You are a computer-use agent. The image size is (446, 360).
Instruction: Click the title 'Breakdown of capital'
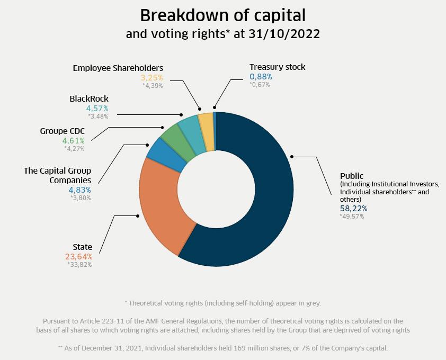pos(222,15)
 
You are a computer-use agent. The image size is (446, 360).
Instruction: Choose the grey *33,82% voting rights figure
pos(79,265)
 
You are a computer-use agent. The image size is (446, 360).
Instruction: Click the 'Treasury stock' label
pos(277,67)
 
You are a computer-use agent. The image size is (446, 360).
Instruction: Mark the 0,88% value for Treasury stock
pos(261,77)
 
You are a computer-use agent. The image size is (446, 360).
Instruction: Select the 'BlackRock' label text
pos(89,99)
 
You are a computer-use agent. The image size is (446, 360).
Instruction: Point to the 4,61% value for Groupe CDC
pos(73,141)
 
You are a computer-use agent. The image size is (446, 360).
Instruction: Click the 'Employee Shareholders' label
pos(118,68)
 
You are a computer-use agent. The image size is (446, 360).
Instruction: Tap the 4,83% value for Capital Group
pos(79,190)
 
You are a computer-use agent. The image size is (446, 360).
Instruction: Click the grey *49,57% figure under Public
pos(352,217)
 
